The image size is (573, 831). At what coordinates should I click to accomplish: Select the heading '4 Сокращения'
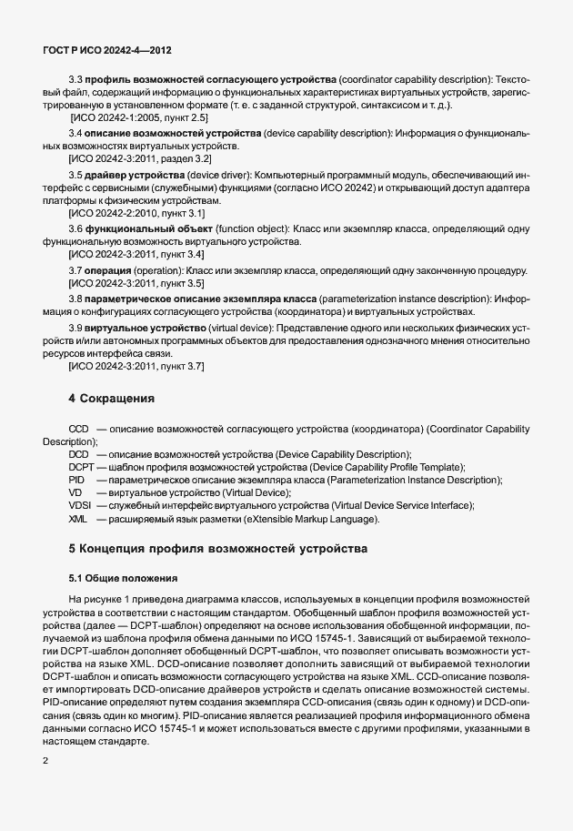point(112,398)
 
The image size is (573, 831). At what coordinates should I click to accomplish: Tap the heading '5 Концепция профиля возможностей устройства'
point(217,549)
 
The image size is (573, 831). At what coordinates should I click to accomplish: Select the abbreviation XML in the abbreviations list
point(77,518)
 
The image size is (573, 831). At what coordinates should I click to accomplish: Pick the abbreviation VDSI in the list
point(80,505)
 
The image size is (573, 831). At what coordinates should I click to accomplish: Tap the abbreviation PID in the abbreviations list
point(76,480)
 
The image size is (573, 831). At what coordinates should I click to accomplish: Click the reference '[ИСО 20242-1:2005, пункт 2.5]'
point(139,118)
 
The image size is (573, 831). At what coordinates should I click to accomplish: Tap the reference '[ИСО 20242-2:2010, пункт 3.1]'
point(137,212)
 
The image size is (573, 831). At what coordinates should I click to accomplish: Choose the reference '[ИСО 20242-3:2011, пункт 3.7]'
point(137,365)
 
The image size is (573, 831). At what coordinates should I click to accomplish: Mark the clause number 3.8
point(76,298)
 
